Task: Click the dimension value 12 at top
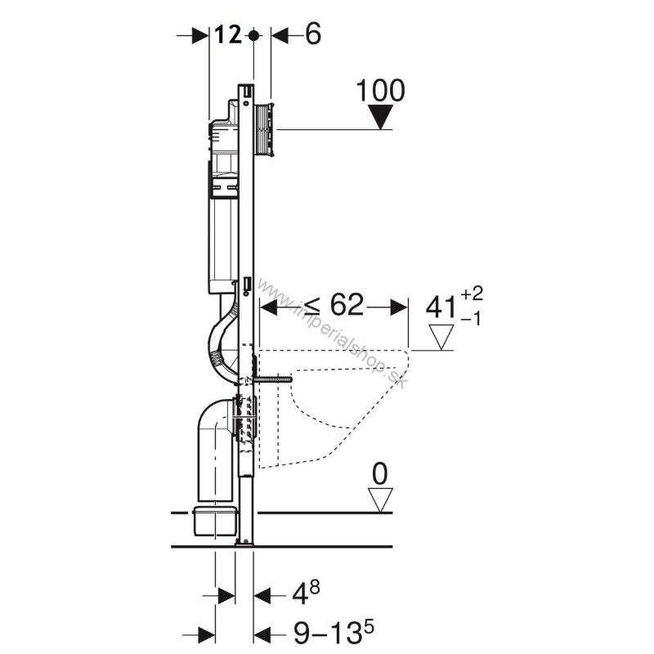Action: point(228,35)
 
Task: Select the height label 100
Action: point(380,91)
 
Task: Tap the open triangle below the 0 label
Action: point(380,499)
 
